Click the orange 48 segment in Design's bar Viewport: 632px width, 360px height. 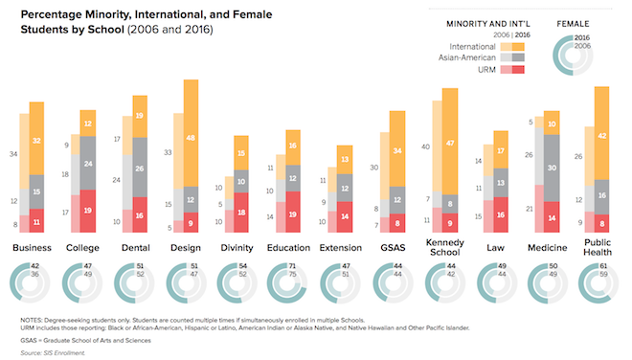[192, 133]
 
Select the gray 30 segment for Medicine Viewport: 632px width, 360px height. [552, 169]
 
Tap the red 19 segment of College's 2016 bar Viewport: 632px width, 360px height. [88, 211]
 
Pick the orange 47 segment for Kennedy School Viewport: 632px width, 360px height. [450, 142]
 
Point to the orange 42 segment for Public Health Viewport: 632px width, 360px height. [601, 133]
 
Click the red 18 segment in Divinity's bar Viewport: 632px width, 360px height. [241, 213]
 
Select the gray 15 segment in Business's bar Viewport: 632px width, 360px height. [36, 191]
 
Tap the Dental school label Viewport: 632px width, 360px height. [136, 248]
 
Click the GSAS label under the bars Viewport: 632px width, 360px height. [393, 248]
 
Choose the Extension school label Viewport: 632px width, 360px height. [341, 248]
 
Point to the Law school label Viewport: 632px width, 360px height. [495, 248]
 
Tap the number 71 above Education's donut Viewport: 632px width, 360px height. [292, 266]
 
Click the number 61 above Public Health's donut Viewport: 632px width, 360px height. [603, 266]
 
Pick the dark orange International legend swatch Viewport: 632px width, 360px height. [518, 47]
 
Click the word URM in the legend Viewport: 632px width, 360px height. [486, 70]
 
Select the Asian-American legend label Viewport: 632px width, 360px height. [466, 57]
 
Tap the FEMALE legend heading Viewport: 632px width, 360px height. [573, 24]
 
